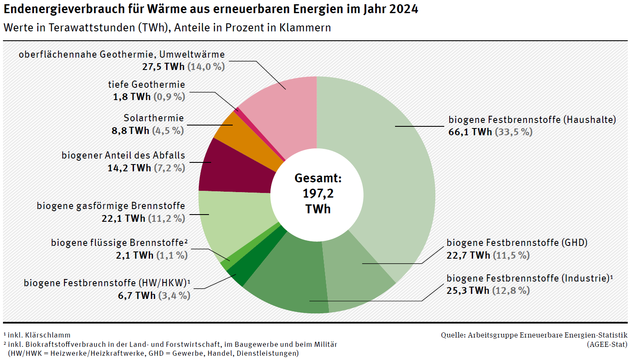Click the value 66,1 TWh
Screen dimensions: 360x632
470,132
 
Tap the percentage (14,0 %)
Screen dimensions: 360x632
206,67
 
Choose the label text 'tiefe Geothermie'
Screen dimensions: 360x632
146,84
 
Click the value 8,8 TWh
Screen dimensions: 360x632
130,131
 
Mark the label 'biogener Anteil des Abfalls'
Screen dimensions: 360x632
123,155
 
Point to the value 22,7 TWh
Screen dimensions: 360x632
468,255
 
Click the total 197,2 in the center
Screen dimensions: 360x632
318,193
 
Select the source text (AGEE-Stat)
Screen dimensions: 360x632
607,344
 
